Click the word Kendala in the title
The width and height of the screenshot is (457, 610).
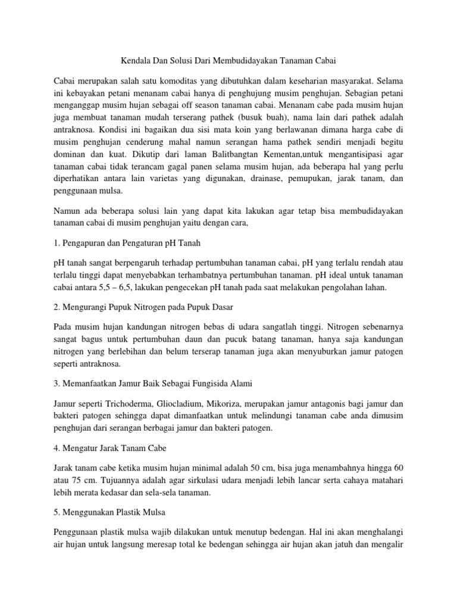[130, 60]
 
